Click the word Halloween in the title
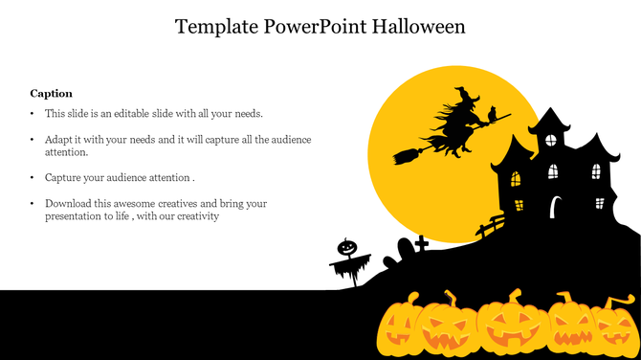point(418,27)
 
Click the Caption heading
point(51,93)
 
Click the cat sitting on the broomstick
point(492,114)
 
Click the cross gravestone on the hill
point(421,242)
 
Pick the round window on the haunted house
point(550,140)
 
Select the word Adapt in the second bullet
point(59,140)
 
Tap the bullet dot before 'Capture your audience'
point(33,178)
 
